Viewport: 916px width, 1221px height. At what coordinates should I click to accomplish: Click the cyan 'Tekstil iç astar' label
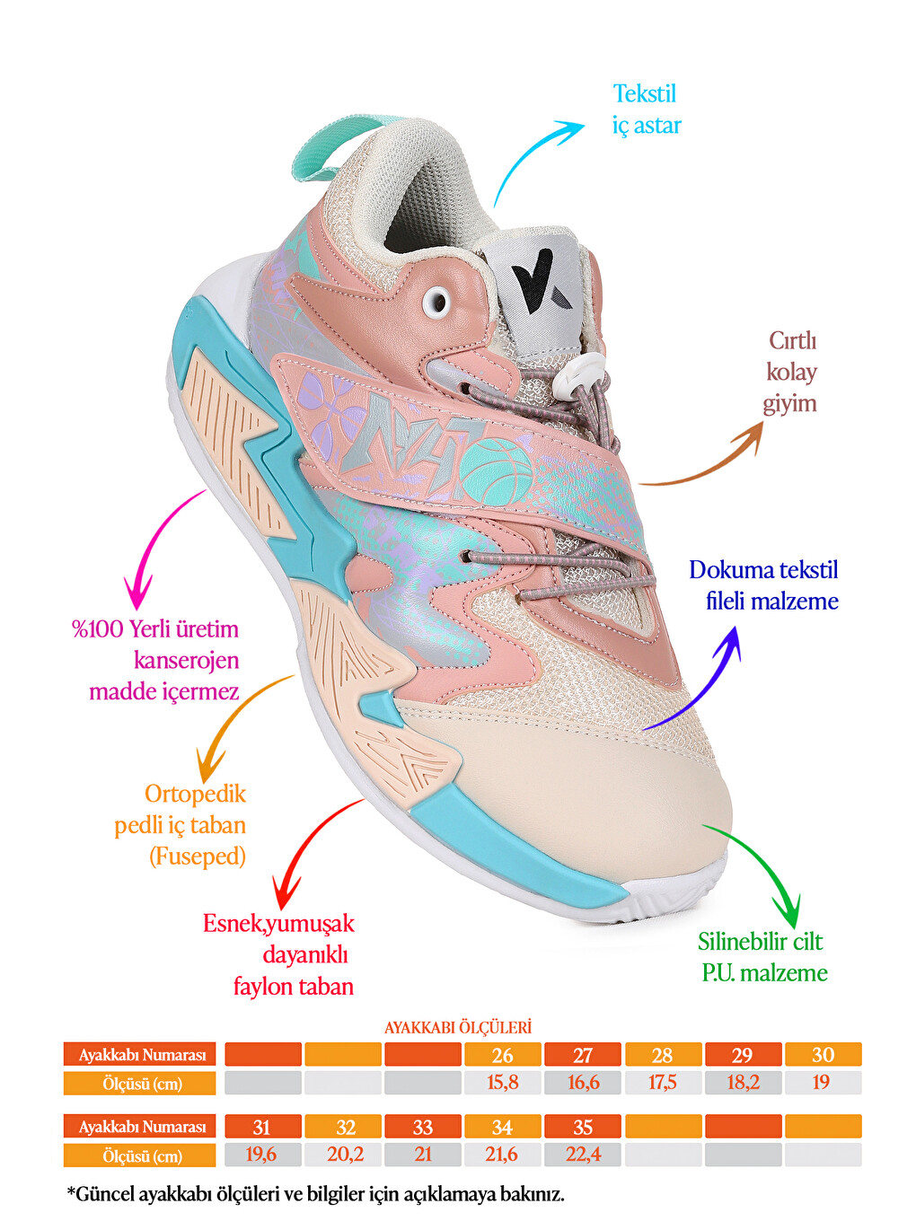coord(647,110)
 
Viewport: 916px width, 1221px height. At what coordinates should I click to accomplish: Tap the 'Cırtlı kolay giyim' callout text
coord(791,373)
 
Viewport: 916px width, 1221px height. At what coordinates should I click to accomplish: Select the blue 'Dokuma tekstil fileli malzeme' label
coord(763,585)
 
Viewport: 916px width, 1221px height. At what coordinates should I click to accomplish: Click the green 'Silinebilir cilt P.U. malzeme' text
coord(762,957)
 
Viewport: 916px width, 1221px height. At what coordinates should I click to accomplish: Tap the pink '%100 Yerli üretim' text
coord(155,629)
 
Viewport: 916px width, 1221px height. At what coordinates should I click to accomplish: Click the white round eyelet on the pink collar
coord(436,302)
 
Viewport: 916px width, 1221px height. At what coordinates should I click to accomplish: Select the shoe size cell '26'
coord(503,1055)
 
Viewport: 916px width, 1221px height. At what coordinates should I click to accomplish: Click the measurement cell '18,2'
coord(743,1083)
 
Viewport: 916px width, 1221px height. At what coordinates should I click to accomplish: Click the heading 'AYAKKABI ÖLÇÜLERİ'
coord(458,1027)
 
